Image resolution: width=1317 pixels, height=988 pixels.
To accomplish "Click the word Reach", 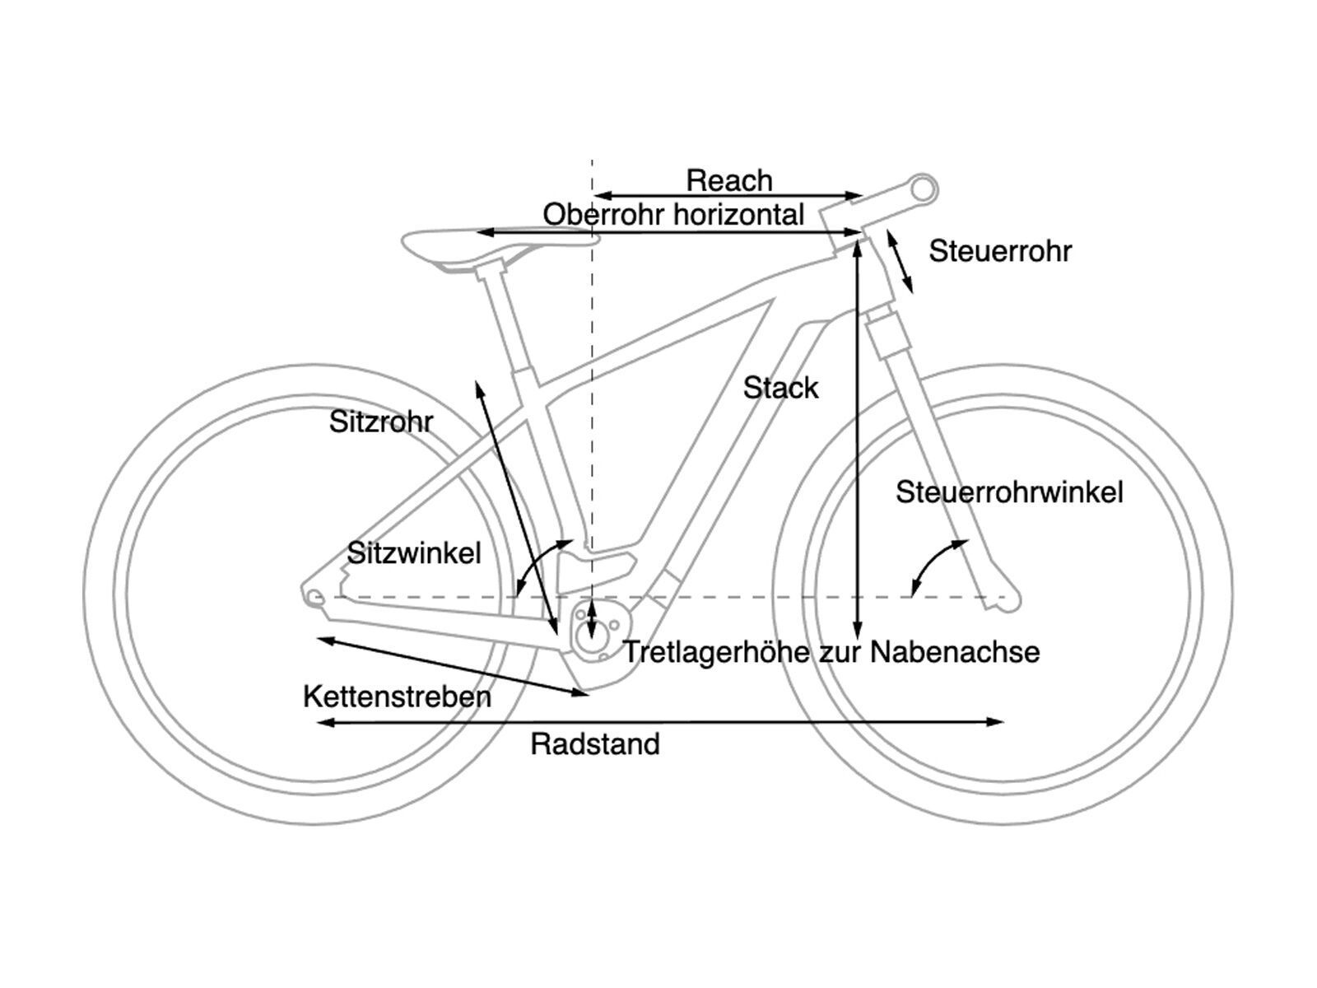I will tap(729, 180).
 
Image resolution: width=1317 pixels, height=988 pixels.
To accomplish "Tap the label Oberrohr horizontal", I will tap(673, 215).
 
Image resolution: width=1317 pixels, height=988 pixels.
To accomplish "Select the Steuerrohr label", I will tap(1000, 251).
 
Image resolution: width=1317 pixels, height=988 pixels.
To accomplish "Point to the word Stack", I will tap(780, 388).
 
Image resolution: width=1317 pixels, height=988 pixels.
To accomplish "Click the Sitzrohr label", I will tap(380, 422).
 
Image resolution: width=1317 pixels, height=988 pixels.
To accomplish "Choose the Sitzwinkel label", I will tap(413, 552).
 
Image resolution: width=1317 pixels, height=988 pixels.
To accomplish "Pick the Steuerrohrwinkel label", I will tap(1009, 492).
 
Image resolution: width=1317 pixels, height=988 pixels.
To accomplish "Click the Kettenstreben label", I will tap(397, 697).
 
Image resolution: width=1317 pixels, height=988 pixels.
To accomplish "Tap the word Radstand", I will tap(594, 744).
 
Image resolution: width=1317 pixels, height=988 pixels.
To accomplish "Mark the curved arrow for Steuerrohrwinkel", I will tap(934, 564).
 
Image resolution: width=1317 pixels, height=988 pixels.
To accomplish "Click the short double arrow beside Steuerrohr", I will tap(899, 262).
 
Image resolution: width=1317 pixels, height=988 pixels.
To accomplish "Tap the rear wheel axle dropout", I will tap(314, 596).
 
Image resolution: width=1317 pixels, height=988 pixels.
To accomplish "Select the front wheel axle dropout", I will tap(1008, 598).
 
